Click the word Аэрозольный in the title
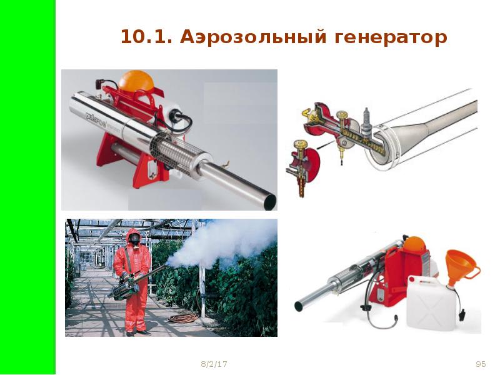[x=254, y=37]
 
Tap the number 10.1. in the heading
[x=146, y=37]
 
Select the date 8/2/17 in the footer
[x=214, y=364]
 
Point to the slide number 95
[x=481, y=364]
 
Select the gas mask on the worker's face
[x=134, y=239]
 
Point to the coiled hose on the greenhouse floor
[x=184, y=317]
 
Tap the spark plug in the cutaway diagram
[x=366, y=121]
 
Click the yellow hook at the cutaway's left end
[x=306, y=112]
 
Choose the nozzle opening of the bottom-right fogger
[x=299, y=306]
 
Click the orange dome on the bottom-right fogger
[x=414, y=246]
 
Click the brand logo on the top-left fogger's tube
[x=96, y=119]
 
